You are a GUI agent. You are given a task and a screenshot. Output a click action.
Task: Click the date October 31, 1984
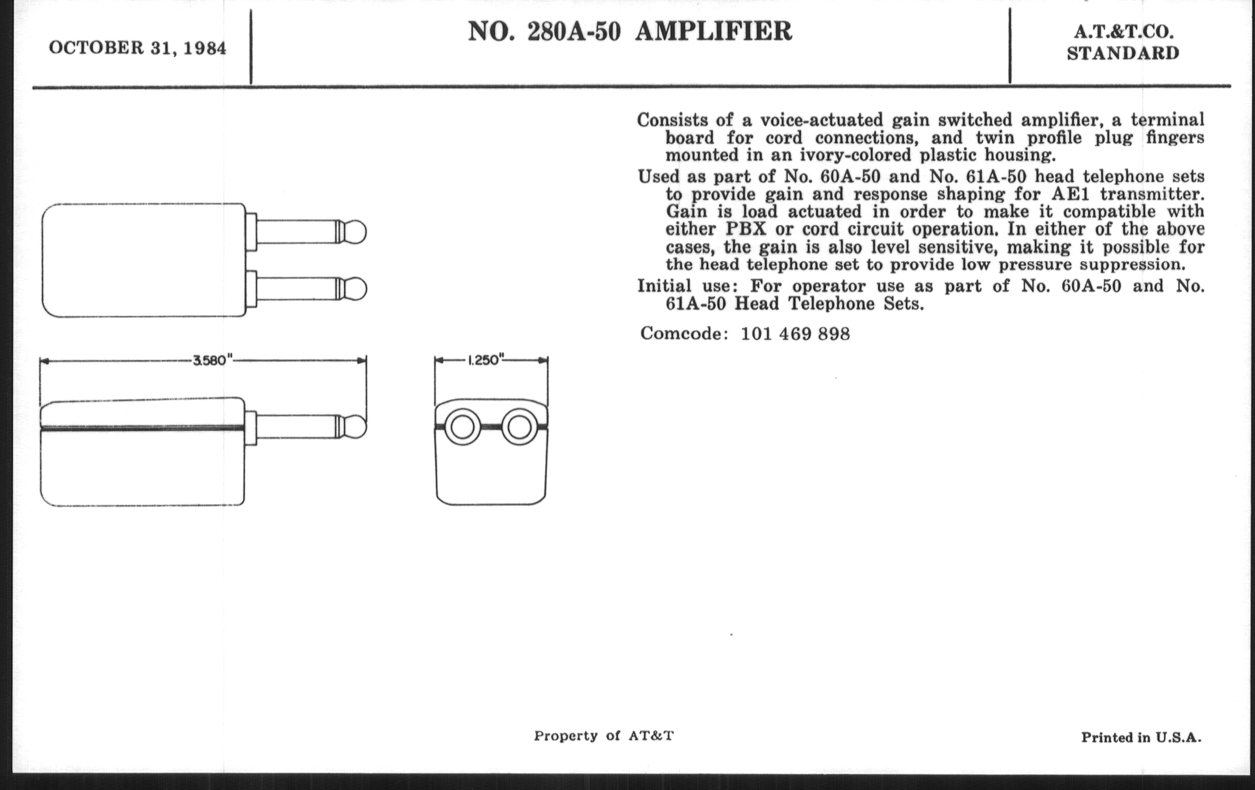point(138,48)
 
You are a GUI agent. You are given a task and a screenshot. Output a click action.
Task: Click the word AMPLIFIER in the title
point(714,31)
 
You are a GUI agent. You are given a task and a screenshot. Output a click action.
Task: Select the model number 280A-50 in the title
point(574,32)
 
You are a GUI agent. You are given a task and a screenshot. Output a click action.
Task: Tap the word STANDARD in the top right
point(1122,53)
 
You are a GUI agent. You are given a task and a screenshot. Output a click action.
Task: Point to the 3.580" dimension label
point(213,360)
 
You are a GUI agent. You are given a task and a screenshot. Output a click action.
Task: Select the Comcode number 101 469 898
point(795,334)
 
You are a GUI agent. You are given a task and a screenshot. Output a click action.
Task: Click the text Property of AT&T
point(604,736)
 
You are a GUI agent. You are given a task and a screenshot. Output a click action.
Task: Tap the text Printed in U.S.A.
point(1141,737)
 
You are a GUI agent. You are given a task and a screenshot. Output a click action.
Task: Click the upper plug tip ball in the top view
point(356,232)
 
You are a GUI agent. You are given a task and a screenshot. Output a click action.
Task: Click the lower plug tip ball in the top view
point(356,289)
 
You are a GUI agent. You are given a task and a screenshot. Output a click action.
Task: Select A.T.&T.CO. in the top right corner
point(1123,33)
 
